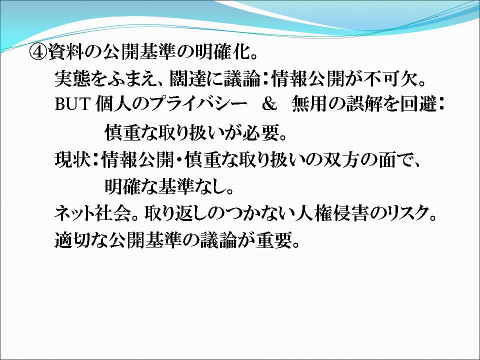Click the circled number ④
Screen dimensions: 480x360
tap(38, 52)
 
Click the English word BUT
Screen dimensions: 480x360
tap(72, 104)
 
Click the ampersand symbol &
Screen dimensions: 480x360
tap(269, 104)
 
